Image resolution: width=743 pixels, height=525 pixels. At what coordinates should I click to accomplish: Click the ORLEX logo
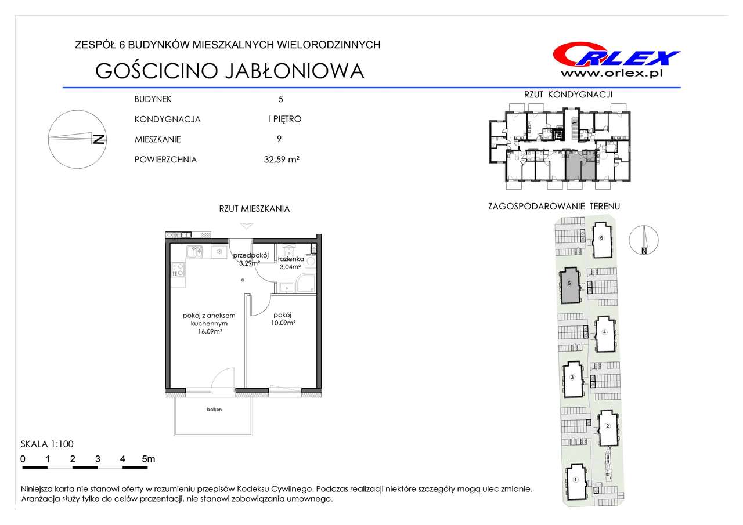616,55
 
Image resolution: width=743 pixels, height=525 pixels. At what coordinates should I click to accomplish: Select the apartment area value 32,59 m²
282,160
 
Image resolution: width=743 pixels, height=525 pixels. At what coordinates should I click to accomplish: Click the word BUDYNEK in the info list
153,99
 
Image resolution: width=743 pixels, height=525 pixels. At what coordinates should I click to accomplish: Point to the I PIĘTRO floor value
285,119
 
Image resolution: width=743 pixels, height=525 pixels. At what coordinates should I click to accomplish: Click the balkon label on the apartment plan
214,410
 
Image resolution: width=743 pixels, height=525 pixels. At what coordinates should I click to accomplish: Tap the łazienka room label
291,259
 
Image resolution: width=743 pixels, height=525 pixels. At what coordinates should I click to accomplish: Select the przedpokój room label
251,255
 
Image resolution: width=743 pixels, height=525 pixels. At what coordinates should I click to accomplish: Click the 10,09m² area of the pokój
283,323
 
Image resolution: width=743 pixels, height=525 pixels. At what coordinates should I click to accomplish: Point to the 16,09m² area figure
210,331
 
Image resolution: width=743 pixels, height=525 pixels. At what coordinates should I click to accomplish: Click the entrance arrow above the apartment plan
247,226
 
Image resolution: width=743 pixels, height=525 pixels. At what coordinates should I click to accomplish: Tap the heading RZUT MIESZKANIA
254,209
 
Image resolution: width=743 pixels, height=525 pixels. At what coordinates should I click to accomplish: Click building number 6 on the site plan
601,238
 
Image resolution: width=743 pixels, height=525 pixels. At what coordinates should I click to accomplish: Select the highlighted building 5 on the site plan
570,285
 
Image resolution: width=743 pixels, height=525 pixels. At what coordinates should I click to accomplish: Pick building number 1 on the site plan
575,480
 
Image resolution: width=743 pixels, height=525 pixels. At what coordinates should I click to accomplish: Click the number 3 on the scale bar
98,459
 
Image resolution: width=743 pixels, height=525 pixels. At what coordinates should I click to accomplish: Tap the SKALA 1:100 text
47,444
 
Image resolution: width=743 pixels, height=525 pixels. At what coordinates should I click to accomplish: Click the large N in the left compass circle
99,140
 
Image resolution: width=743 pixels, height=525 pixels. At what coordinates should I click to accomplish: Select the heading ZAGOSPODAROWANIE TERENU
554,207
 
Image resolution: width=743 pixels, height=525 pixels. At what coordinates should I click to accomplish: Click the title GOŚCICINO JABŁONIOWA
230,71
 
